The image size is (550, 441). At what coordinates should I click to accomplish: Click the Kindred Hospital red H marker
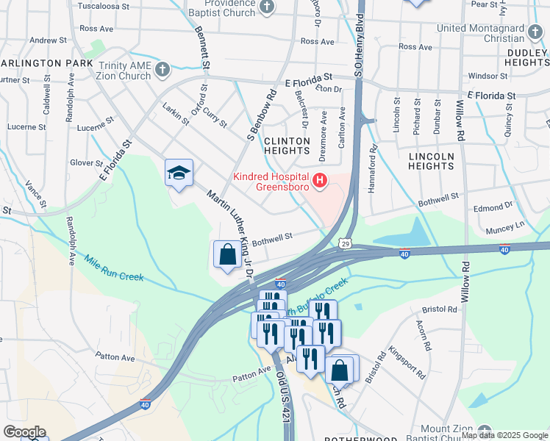[320, 179]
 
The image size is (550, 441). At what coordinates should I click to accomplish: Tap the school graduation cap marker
[179, 173]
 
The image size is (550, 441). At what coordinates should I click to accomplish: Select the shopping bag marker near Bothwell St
[228, 255]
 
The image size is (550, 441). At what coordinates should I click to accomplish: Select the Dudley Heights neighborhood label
[526, 58]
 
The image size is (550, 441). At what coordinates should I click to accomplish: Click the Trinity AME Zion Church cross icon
[162, 71]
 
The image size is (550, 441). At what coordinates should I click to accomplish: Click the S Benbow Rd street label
[261, 115]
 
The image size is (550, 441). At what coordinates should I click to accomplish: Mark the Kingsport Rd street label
[407, 362]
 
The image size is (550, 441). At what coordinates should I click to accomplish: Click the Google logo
[24, 432]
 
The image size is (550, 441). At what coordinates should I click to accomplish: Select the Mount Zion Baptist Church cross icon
[484, 430]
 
